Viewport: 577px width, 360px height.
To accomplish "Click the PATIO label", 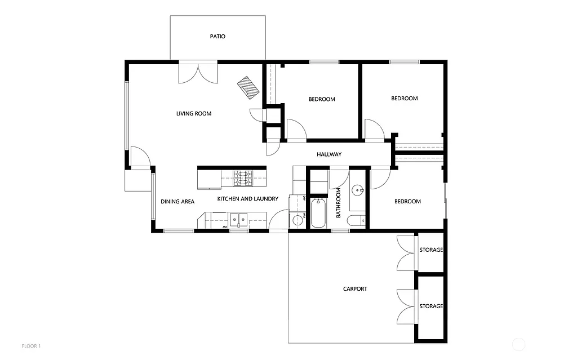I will pyautogui.click(x=218, y=37).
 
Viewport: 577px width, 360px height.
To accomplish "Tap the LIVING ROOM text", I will pyautogui.click(x=194, y=114).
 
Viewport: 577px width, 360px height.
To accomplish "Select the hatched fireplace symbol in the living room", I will pyautogui.click(x=248, y=87).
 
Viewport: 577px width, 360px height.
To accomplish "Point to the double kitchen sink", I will pyautogui.click(x=239, y=218).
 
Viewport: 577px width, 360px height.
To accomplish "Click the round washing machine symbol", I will pyautogui.click(x=297, y=220).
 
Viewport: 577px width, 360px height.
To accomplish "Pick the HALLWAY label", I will pyautogui.click(x=329, y=154).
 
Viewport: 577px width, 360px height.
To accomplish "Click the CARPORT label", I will pyautogui.click(x=355, y=289).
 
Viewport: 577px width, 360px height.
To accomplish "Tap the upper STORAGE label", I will pyautogui.click(x=431, y=250).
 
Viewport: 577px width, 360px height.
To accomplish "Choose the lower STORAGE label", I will pyautogui.click(x=431, y=306).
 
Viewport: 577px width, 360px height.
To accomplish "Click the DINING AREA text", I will pyautogui.click(x=177, y=202).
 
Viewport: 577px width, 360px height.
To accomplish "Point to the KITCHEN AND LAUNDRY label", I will pyautogui.click(x=248, y=199).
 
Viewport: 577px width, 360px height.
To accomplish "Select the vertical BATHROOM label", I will pyautogui.click(x=339, y=203).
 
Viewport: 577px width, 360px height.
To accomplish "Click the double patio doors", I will pyautogui.click(x=198, y=73).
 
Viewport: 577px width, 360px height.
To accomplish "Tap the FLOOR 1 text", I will pyautogui.click(x=31, y=345).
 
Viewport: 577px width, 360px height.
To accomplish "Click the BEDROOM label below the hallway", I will pyautogui.click(x=407, y=202).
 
